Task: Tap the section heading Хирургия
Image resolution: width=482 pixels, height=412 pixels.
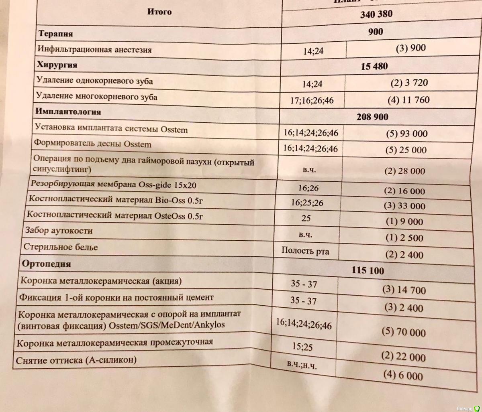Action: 57,65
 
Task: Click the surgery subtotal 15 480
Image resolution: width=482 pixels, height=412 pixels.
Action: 374,66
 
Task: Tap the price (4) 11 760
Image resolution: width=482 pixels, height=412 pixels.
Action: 408,100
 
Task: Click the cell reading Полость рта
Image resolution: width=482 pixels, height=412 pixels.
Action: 305,252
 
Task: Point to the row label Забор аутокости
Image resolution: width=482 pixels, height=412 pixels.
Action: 58,231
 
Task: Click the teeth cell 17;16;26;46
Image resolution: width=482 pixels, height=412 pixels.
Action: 312,100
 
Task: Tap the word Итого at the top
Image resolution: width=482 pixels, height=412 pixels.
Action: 159,12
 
